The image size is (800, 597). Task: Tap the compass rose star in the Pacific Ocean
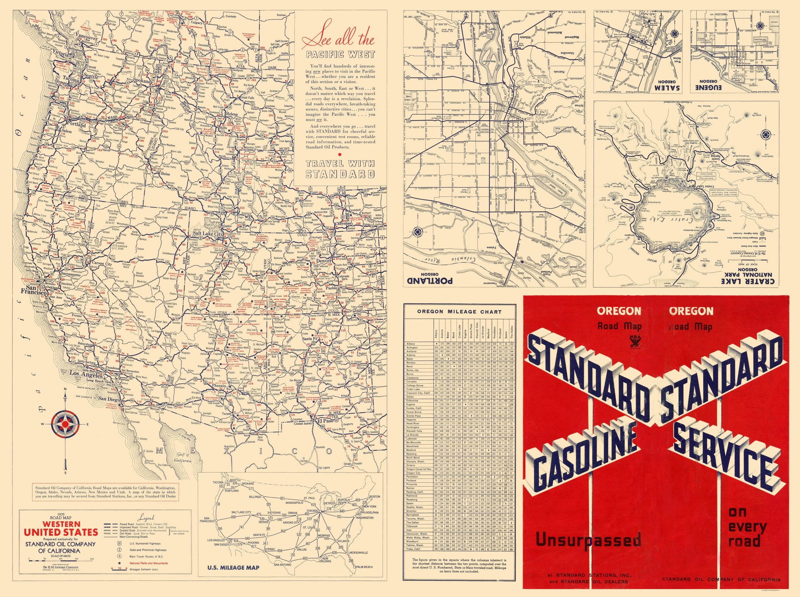coord(65,424)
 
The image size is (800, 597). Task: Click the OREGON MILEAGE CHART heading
coord(459,312)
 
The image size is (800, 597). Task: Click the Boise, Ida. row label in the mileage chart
coord(413,370)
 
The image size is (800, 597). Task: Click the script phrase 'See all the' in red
coord(338,39)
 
